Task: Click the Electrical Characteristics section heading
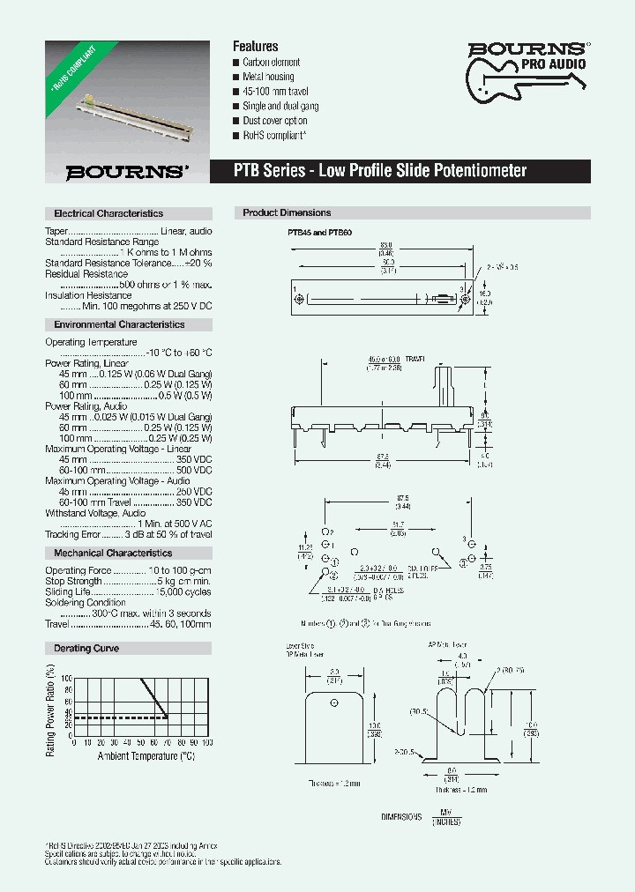(108, 213)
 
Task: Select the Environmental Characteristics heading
(119, 324)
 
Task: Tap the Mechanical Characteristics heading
(113, 553)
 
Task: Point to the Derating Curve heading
(86, 648)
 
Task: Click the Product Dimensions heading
(287, 212)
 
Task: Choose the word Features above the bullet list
(255, 46)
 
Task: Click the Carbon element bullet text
(272, 63)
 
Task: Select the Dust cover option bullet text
(275, 121)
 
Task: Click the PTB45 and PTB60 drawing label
(320, 232)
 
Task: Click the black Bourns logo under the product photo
(128, 172)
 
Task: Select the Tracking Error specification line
(129, 534)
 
